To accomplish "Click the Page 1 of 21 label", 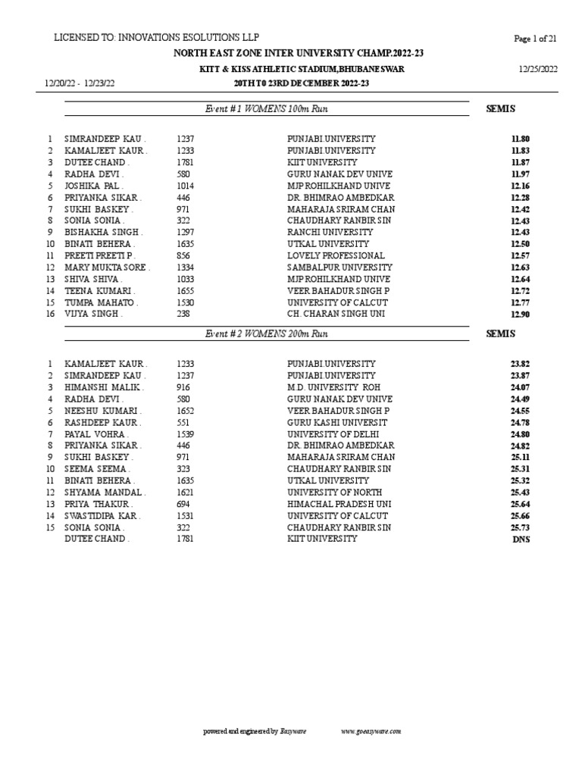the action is coord(535,39).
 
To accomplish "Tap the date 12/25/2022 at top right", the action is coord(538,69).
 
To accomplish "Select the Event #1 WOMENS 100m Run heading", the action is coord(267,109).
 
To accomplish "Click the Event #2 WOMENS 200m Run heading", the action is coord(267,333).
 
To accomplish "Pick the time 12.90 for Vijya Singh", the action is coord(520,313).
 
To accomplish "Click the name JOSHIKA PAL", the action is coord(95,186).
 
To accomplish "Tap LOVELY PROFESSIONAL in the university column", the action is coord(336,255).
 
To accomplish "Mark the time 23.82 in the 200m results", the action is coord(520,364).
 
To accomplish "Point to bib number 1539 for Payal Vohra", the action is coord(186,433).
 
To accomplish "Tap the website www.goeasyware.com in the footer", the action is coord(371,731).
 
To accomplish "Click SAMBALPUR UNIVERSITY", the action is coord(339,267).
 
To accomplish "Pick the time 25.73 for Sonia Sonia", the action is coord(520,527).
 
